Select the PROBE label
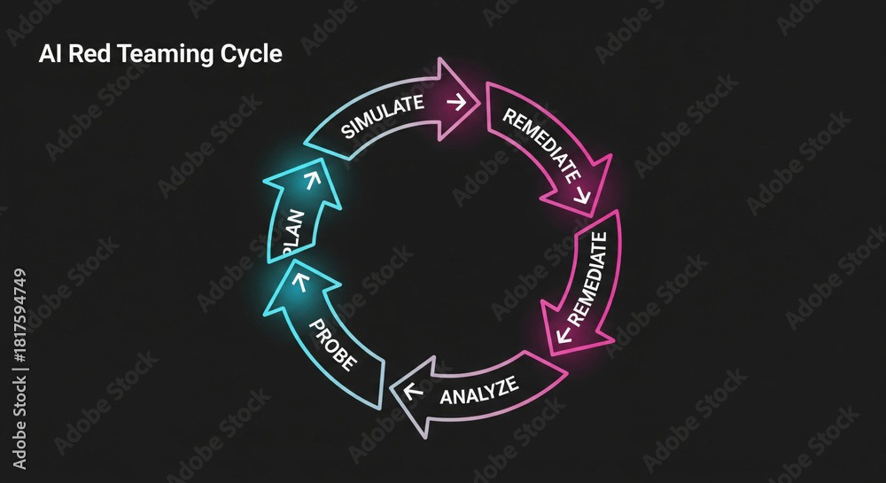click(332, 343)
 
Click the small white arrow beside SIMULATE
click(456, 102)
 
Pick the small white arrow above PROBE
click(299, 284)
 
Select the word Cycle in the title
click(253, 55)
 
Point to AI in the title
click(49, 54)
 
